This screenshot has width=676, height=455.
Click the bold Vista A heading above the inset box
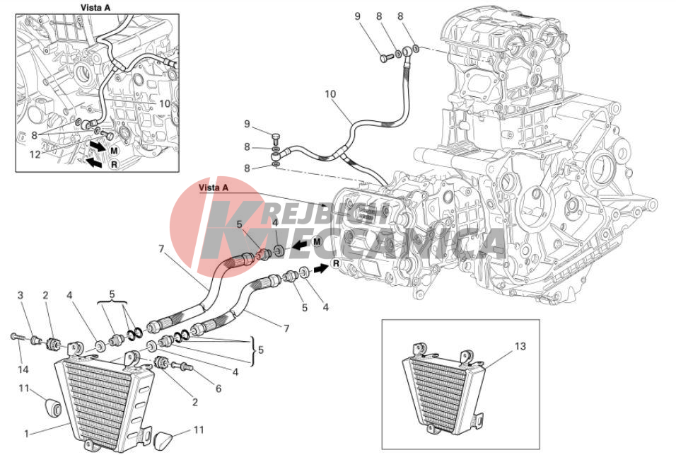coord(95,7)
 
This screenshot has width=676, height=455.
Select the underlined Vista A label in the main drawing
coord(214,188)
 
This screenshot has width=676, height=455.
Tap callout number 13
coord(520,346)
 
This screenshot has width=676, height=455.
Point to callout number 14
coord(23,369)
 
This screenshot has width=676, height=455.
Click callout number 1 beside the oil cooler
coord(27,433)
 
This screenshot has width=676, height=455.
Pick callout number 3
coord(21,295)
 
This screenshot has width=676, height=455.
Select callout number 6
coord(218,388)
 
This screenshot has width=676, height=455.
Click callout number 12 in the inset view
coord(35,154)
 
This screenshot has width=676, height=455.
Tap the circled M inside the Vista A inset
coord(114,151)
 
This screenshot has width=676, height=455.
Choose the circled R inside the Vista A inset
coord(115,164)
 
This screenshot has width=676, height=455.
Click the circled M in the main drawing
coord(317,241)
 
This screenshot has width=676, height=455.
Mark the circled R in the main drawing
coord(336,263)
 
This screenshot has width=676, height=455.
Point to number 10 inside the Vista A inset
coord(165,104)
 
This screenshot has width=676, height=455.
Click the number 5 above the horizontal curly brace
coord(112,294)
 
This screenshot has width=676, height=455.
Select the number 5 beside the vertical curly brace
coord(261,350)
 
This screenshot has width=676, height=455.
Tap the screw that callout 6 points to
coord(183,366)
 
